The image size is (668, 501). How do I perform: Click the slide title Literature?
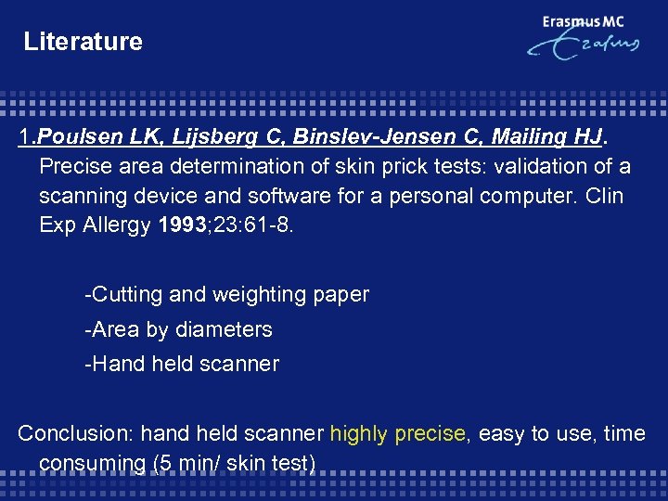[x=83, y=42]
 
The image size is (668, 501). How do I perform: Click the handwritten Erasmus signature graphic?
[x=584, y=47]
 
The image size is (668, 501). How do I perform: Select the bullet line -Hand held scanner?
[x=181, y=364]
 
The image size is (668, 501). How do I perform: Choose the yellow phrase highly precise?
[x=397, y=433]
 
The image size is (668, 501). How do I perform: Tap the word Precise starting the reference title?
[x=75, y=167]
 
